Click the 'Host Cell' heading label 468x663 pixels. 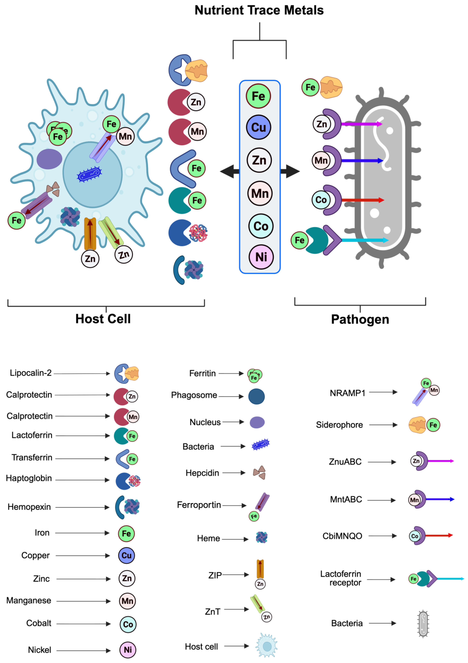(103, 319)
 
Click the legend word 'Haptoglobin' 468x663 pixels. (29, 478)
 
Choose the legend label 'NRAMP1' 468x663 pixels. (347, 393)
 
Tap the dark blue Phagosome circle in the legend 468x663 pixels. (256, 397)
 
